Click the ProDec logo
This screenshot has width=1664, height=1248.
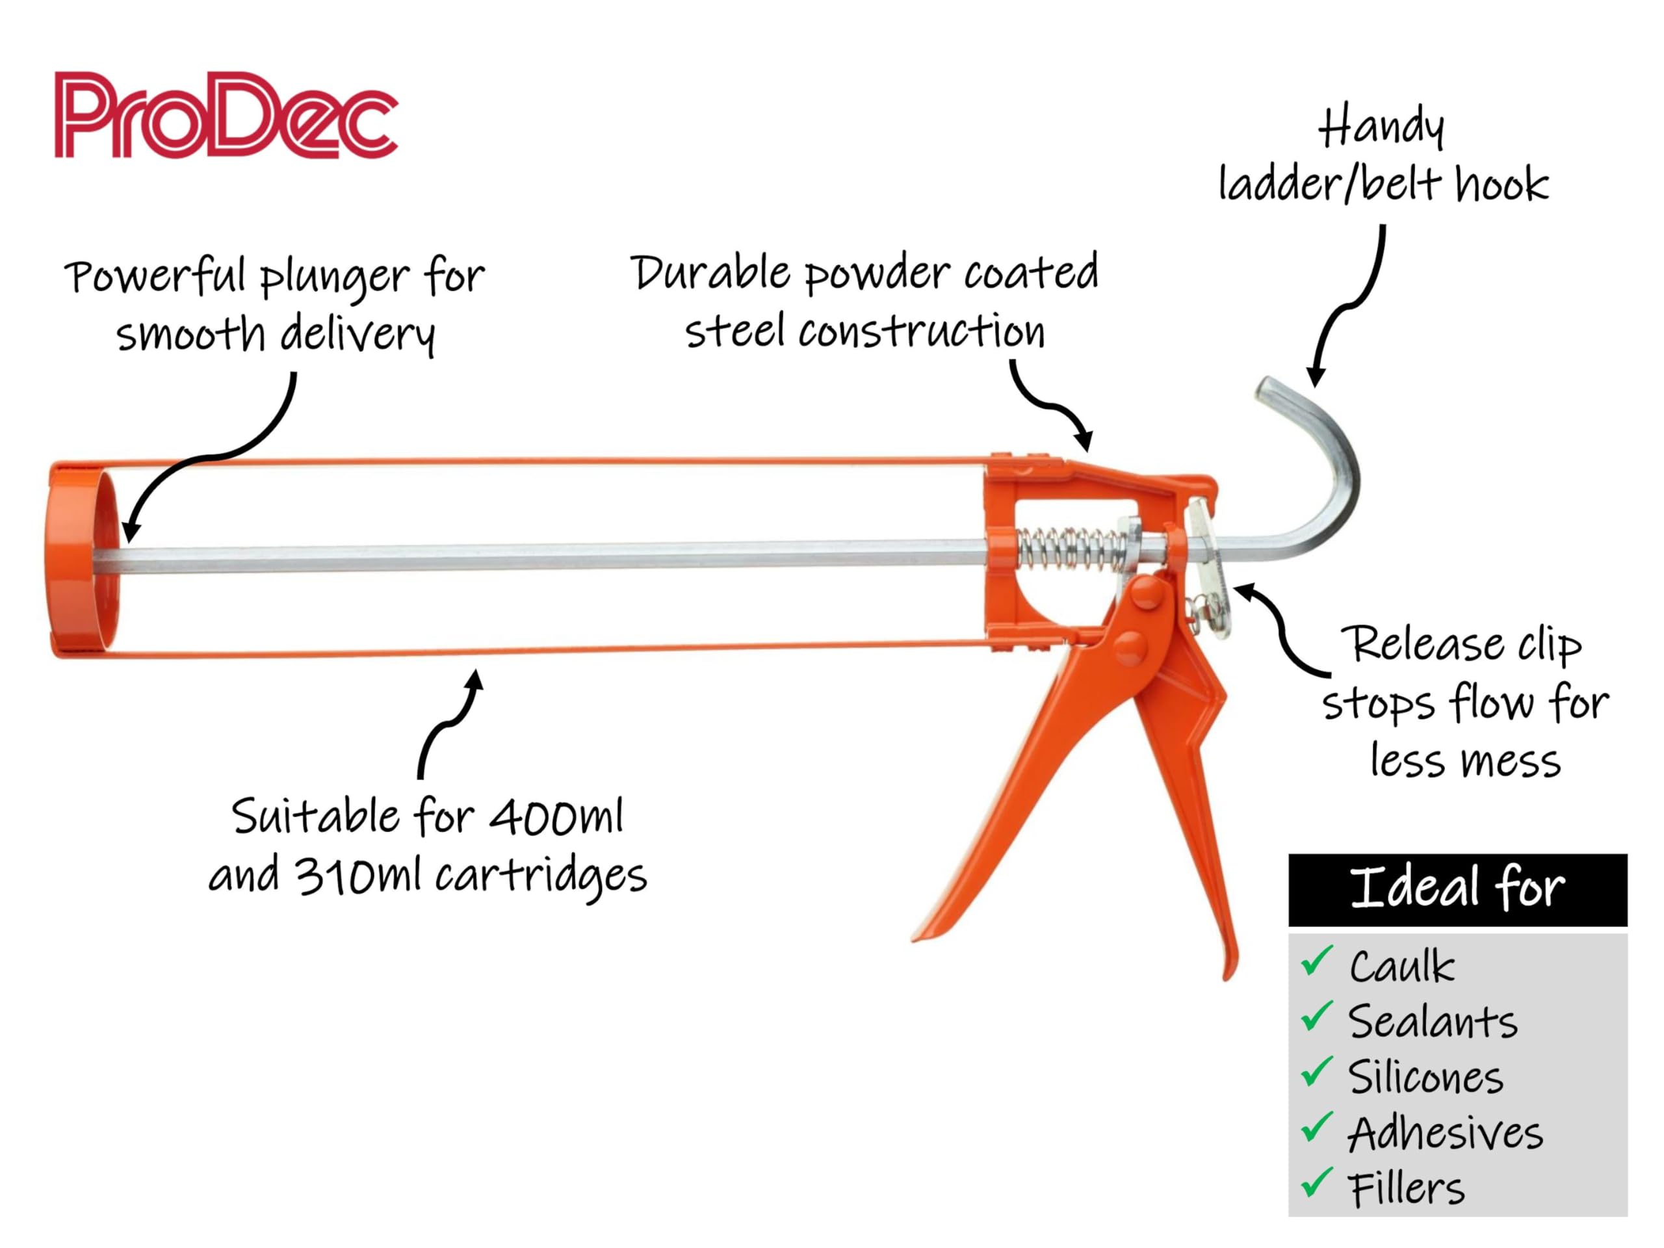pos(226,114)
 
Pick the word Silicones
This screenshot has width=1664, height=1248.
pos(1426,1076)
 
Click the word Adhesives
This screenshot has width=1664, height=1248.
pos(1445,1133)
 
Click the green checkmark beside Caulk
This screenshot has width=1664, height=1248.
pos(1317,961)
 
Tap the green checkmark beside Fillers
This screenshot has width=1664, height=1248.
pos(1317,1182)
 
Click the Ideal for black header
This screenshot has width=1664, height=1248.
pos(1458,889)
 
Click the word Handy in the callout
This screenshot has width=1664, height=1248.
pos(1381,128)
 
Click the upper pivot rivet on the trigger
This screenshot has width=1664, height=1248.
pos(1146,592)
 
